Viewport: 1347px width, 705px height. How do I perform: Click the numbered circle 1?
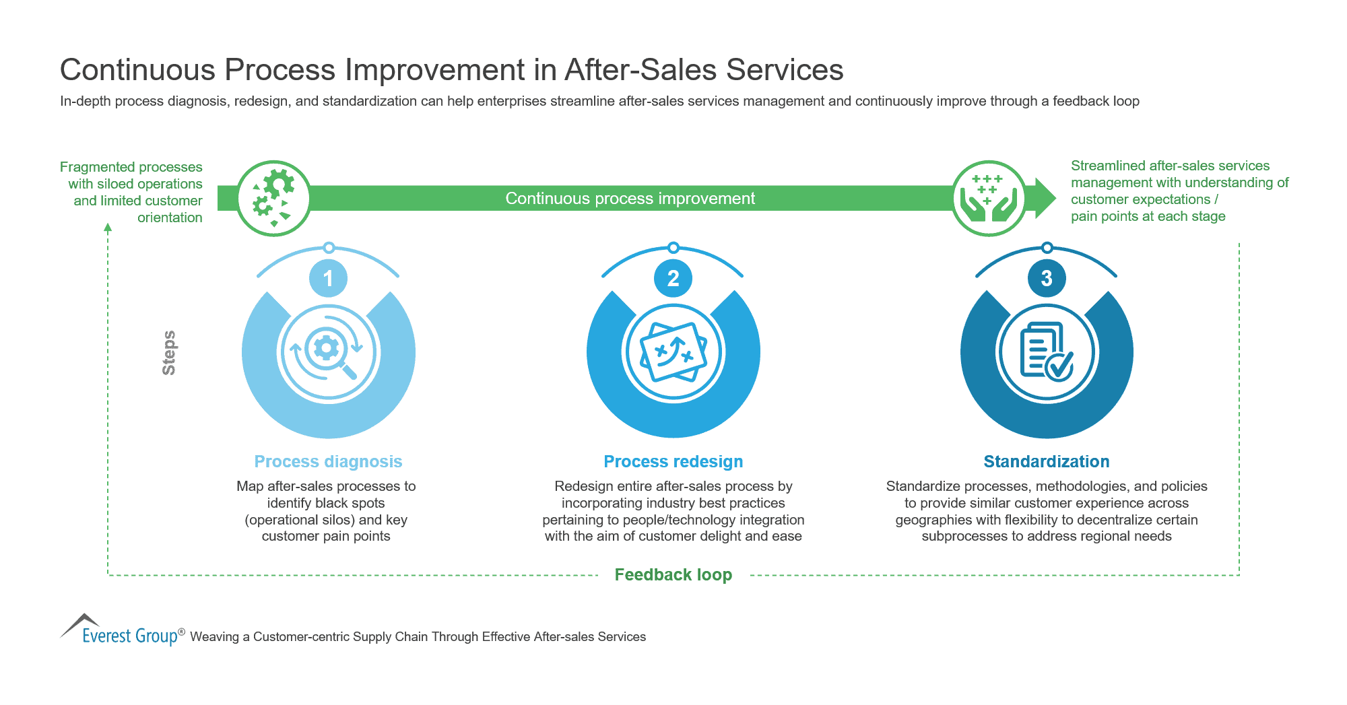[328, 278]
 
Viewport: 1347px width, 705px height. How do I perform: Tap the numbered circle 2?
[673, 278]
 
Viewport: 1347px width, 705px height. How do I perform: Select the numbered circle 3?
[1047, 278]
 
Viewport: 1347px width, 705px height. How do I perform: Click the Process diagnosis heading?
[328, 461]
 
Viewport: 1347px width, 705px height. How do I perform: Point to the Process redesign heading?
[673, 461]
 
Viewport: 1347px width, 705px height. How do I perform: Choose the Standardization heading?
[1046, 461]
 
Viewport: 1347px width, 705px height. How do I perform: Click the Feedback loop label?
[673, 574]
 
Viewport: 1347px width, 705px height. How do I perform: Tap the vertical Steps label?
[169, 353]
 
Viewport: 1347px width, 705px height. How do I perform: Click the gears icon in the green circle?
[273, 198]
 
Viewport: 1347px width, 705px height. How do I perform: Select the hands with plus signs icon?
[989, 198]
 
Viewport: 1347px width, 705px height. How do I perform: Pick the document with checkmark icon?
[1046, 351]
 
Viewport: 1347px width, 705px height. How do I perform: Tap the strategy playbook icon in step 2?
[673, 351]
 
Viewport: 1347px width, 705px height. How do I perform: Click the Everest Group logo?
[121, 631]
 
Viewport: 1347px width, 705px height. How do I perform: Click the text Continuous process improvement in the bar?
[630, 199]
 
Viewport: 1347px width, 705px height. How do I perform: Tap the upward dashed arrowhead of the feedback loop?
[108, 228]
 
